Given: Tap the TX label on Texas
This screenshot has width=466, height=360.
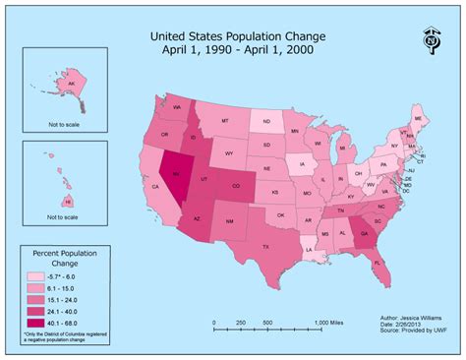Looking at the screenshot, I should coord(265,247).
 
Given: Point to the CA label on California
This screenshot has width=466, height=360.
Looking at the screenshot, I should coord(155,186).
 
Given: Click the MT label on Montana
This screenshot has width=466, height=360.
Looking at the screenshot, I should coord(225,121).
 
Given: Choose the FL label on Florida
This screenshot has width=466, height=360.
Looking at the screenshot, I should coord(378,262).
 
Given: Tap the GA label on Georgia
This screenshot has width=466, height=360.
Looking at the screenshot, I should coord(365,234).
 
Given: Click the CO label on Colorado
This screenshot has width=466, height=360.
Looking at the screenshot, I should coord(234,185).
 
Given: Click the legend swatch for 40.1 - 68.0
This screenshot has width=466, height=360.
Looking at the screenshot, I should coord(35,323).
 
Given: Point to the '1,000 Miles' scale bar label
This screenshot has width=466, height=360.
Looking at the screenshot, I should coord(329,323).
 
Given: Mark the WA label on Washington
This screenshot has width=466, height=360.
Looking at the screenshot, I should coord(178,105).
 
